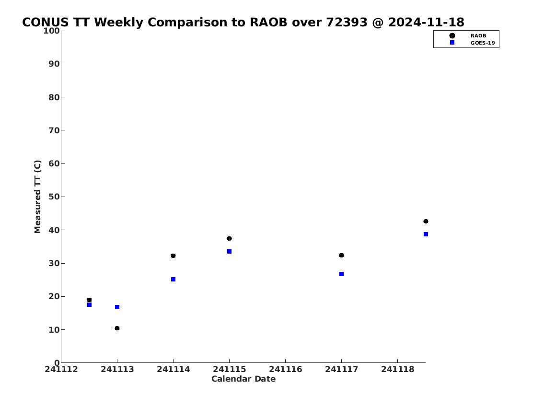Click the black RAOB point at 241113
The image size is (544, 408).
(117, 328)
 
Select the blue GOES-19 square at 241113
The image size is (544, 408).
(117, 307)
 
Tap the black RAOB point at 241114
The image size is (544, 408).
(173, 256)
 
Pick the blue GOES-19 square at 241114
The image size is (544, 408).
(173, 280)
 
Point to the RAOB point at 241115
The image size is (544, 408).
(229, 238)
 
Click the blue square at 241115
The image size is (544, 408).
(229, 252)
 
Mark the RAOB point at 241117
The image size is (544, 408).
(341, 256)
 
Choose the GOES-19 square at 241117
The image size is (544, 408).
(341, 274)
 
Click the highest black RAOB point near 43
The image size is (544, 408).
(426, 221)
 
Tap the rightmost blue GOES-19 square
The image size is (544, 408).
(426, 234)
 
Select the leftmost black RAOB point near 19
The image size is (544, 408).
(89, 300)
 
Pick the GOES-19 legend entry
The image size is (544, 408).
(472, 43)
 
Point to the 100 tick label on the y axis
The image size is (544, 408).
(51, 31)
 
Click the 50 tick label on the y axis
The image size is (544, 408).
(54, 197)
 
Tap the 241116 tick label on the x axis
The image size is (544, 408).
(286, 369)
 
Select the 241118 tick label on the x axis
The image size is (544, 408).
(398, 369)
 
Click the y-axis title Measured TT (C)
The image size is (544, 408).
(37, 197)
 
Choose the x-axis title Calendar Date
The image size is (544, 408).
(243, 379)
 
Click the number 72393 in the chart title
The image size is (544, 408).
(347, 22)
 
